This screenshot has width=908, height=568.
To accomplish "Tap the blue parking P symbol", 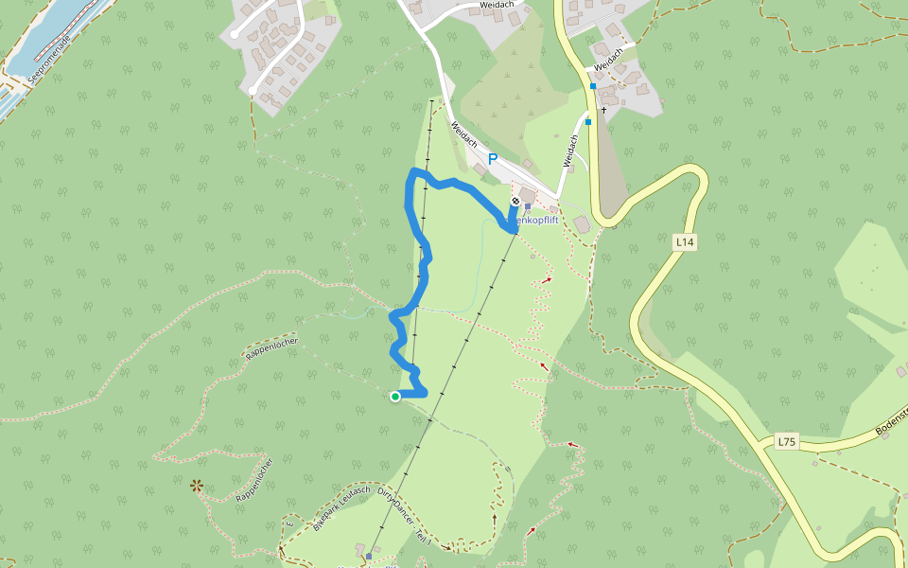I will tap(492, 160).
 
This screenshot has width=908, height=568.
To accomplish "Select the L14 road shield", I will tap(685, 243).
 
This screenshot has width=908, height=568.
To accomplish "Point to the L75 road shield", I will tap(786, 441).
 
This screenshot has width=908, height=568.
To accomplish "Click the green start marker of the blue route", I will tap(395, 397).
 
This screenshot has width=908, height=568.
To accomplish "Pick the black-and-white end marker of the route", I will tap(515, 201).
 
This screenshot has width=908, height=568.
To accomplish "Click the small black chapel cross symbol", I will tap(603, 111).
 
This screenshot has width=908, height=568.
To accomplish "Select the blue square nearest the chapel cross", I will tap(588, 121).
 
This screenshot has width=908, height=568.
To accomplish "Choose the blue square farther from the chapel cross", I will tap(593, 86).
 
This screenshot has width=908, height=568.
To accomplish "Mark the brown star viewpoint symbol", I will tap(197, 486).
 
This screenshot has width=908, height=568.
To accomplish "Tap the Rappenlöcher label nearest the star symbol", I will tap(253, 479).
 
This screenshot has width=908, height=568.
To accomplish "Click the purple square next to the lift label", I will tap(528, 206).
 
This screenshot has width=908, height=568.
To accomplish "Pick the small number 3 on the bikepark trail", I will tap(288, 523).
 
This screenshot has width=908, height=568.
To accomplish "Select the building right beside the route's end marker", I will tap(527, 194).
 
